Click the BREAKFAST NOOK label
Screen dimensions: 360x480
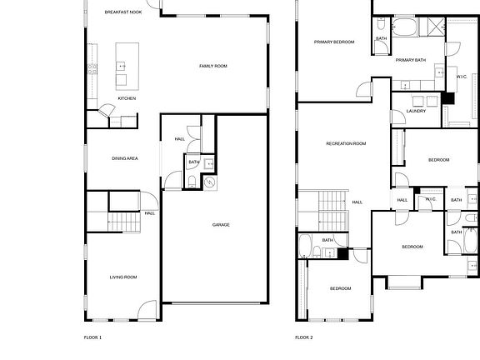123,12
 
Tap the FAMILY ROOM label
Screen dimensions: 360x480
212,66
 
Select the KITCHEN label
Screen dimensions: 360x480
127,98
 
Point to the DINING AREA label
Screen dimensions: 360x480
125,157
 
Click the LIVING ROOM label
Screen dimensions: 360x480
123,277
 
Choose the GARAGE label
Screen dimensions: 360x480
221,224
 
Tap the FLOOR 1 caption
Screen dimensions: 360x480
92,337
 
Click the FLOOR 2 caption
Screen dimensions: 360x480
304,337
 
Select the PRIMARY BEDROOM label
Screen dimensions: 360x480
334,42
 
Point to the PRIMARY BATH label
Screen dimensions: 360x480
411,60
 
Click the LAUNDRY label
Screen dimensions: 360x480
417,111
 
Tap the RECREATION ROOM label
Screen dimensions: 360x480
346,143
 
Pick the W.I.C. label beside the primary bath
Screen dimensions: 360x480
461,77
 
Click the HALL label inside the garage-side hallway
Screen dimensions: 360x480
180,139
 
